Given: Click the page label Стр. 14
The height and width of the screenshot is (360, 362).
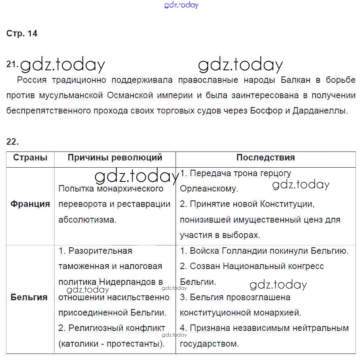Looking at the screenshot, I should click(22, 34).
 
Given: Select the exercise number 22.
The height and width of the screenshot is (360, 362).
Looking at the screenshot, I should click(13, 141).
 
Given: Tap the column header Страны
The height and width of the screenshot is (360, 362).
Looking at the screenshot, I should click(30, 158).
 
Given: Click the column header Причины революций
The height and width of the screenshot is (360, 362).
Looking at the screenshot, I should click(115, 158).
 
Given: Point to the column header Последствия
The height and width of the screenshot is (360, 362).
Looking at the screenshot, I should click(265, 158).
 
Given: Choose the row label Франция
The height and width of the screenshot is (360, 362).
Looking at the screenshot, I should click(30, 204).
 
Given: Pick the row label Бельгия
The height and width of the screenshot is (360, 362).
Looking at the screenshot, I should click(29, 297).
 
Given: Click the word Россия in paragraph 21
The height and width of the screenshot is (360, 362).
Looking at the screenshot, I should click(32, 80).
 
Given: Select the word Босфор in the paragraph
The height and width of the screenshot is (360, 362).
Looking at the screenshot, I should click(267, 111).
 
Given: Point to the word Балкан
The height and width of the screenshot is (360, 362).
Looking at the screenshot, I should click(295, 80).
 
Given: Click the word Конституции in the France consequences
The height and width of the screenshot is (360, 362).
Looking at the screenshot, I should click(288, 204).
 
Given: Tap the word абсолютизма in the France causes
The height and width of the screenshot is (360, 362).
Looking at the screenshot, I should click(87, 220).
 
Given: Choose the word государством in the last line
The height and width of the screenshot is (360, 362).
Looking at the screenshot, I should click(209, 344).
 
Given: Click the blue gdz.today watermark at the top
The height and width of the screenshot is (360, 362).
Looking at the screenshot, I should click(182, 5).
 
